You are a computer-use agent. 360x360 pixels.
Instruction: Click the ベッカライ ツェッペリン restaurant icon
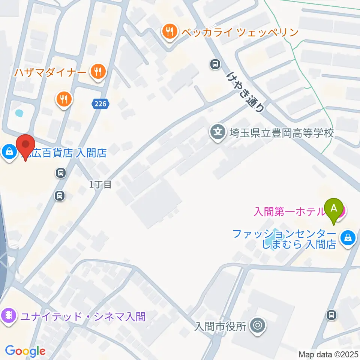170,32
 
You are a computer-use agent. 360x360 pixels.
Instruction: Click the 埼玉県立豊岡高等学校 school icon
218,132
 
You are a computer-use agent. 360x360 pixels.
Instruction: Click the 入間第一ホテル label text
289,212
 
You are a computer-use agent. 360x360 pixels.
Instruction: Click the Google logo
25,351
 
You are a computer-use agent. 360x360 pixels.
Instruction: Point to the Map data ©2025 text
328,354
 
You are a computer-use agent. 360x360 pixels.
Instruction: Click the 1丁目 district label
100,184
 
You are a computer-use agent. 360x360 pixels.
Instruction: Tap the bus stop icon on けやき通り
215,64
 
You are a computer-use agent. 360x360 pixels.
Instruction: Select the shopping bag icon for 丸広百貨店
8,152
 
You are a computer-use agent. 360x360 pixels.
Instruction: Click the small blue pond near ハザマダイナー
18,112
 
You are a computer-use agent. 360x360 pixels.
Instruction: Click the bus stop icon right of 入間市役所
331,315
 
